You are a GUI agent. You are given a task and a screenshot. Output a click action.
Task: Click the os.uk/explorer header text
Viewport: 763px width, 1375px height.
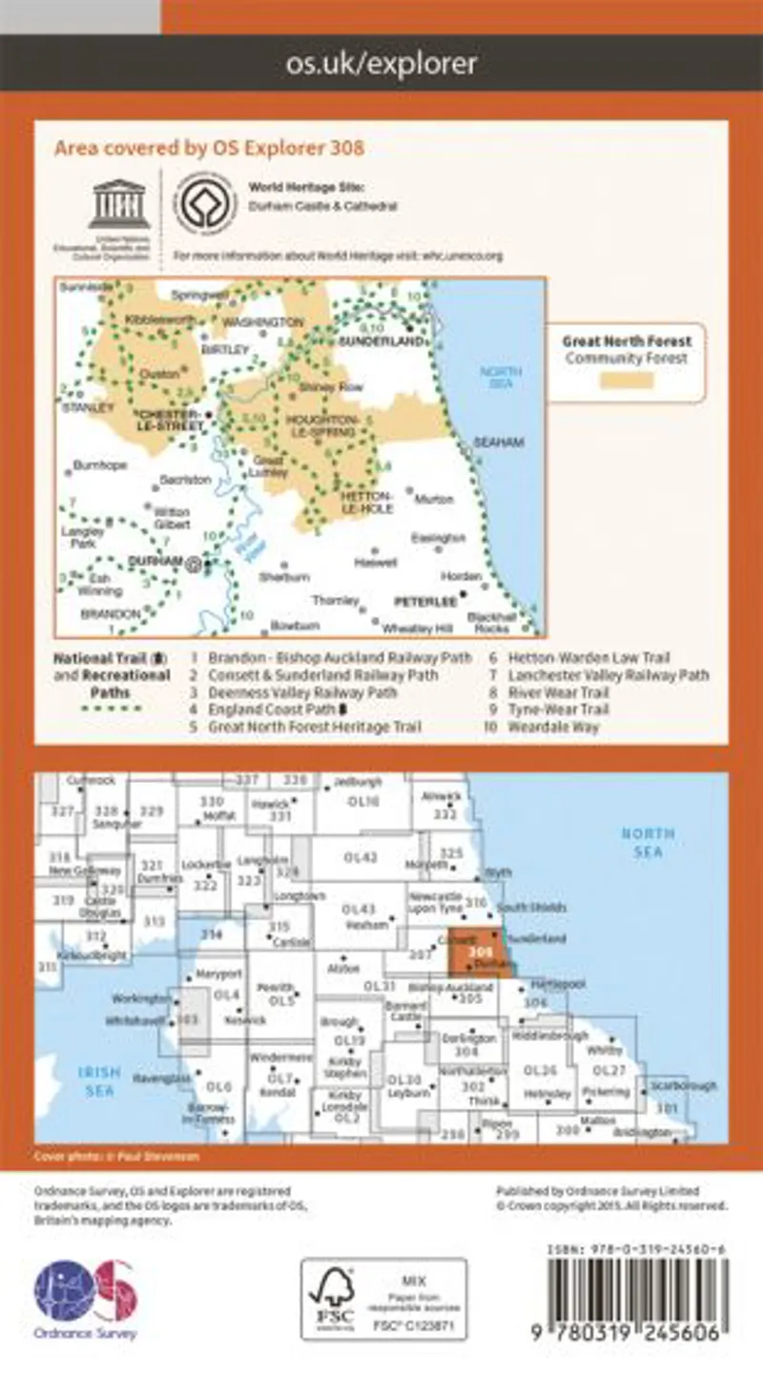click(x=381, y=64)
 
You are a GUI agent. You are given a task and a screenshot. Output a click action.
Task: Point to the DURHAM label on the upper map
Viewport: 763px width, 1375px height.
click(x=154, y=562)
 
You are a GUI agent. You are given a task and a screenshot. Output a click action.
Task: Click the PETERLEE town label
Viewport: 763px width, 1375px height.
click(x=423, y=603)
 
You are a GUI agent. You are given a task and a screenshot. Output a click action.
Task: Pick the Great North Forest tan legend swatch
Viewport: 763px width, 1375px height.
click(x=627, y=380)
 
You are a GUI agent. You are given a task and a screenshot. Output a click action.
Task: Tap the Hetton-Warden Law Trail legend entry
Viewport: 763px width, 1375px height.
click(x=590, y=658)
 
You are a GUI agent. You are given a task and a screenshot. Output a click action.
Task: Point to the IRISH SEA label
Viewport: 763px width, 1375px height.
click(x=98, y=1079)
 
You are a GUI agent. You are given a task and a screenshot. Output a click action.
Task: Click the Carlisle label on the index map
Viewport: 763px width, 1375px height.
click(x=278, y=941)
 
